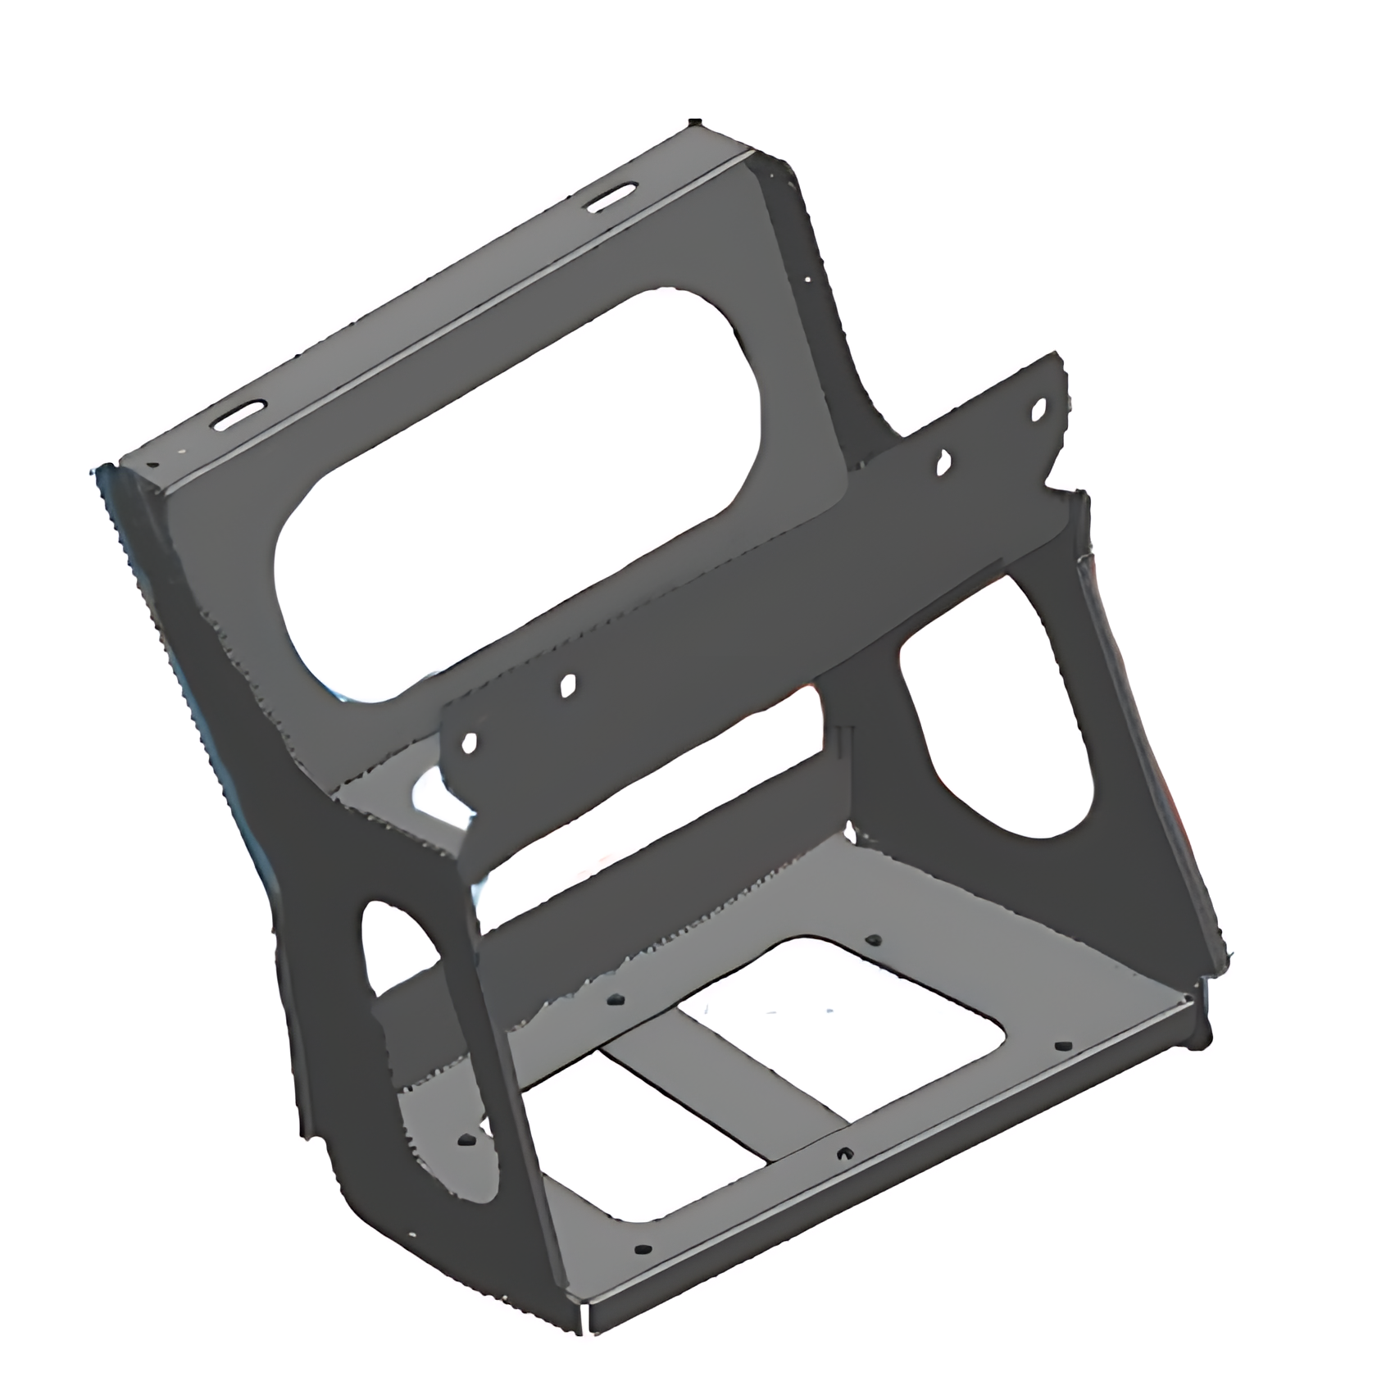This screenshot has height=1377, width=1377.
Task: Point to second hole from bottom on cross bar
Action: click(568, 685)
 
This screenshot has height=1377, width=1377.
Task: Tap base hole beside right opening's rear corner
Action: click(872, 941)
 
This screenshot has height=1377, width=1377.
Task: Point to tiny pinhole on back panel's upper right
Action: click(807, 279)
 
